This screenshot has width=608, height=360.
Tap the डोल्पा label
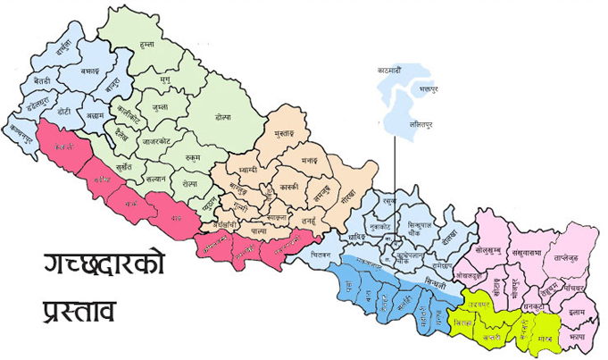tap(223, 117)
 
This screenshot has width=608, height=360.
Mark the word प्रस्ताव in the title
tap(80, 312)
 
